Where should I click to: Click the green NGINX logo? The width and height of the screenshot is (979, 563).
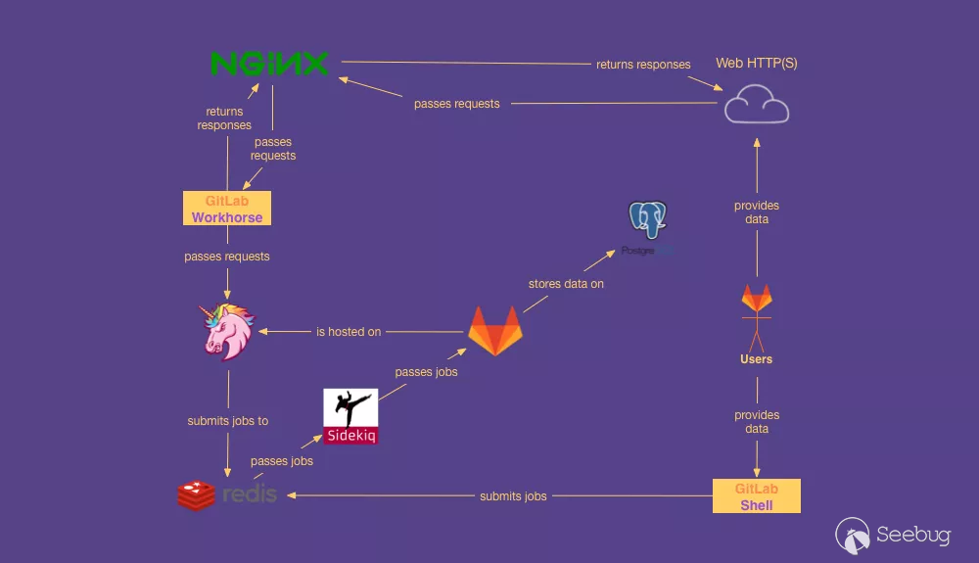point(269,65)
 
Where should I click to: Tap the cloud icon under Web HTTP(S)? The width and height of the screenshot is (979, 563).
point(756,104)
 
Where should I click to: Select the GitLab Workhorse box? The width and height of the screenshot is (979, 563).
point(227,209)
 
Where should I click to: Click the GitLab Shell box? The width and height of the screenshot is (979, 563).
point(757,496)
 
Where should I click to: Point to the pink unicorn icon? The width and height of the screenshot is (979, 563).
point(228,331)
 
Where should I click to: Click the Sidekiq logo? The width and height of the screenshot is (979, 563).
point(350,416)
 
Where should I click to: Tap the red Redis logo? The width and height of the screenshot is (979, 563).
point(227,494)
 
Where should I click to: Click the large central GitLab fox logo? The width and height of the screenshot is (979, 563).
point(495,330)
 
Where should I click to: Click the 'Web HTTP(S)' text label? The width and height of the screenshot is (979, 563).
point(757,63)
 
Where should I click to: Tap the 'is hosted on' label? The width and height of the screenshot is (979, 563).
point(349,332)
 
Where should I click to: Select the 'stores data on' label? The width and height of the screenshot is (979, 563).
point(566,284)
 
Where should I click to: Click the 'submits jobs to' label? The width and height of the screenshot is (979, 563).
point(228,421)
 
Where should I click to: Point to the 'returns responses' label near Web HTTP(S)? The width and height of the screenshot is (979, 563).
point(643,65)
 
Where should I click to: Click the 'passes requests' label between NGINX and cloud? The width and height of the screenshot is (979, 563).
point(456,104)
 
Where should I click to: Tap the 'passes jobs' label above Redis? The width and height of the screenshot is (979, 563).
point(282,461)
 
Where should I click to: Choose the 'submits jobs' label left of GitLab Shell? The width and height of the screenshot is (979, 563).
point(513,496)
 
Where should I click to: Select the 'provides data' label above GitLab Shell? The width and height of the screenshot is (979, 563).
point(757,422)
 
